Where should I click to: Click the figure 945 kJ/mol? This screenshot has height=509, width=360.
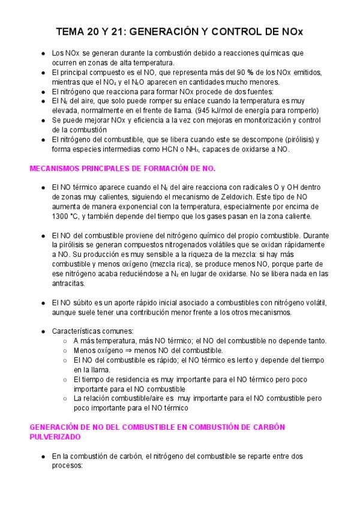234,110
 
